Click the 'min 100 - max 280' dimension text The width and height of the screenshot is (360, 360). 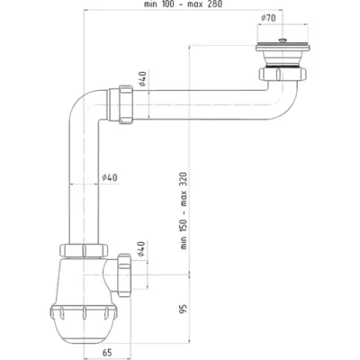point(183,4)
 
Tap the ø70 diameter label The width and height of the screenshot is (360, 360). point(268,18)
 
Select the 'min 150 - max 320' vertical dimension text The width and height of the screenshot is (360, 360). point(184,211)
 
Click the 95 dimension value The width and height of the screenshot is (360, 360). point(184,309)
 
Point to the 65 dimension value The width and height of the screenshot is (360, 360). point(107,353)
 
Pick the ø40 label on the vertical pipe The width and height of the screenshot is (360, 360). point(110,178)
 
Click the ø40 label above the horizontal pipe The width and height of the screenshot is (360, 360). point(142,78)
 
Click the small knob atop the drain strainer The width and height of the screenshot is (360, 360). point(282,40)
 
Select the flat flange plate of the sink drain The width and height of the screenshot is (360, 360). point(283,47)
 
